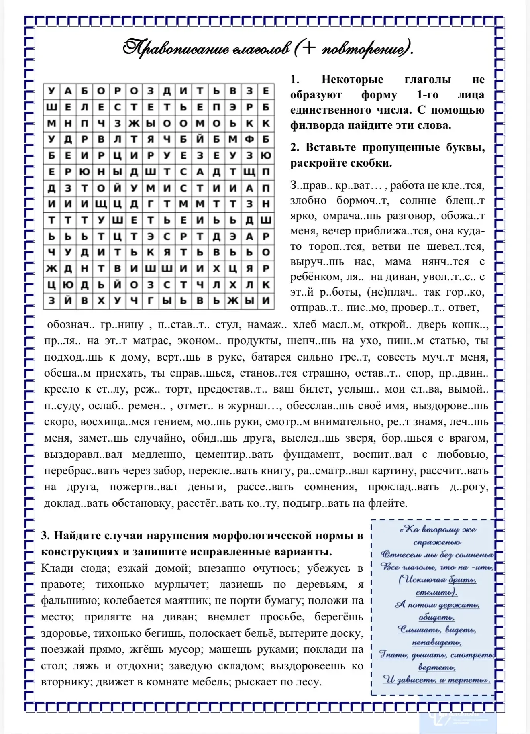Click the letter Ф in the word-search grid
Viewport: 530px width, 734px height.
[249, 140]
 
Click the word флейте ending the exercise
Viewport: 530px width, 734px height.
[388, 503]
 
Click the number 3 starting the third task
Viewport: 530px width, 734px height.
[45, 536]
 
